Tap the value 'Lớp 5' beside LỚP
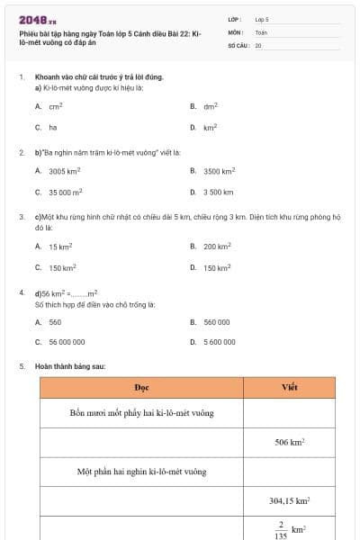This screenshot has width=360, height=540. point(261,19)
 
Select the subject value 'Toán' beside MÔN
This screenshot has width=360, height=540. point(260,31)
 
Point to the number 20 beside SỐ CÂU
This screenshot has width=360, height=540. point(258,44)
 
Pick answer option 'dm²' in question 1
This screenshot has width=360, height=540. point(211,106)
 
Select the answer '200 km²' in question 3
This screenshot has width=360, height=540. point(217,247)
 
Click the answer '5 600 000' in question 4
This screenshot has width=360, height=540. point(220,342)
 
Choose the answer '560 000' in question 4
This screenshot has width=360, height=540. point(217,322)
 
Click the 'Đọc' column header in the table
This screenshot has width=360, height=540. point(141,387)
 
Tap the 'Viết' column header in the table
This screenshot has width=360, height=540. point(289,387)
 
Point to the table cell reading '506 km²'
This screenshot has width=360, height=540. point(289,442)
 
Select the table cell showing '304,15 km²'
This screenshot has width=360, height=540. point(289,500)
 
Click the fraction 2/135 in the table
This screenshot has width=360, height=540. point(281,529)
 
